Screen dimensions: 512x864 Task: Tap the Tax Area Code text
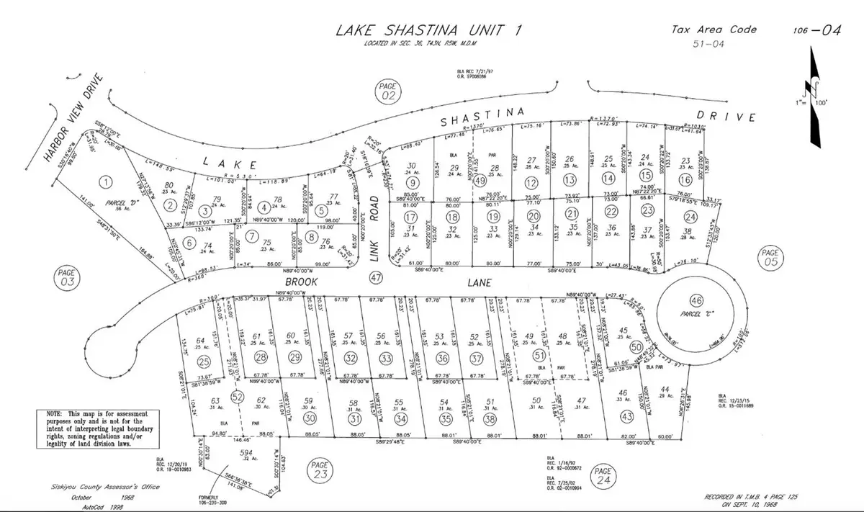tap(714, 30)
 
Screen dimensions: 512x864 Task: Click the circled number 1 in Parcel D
tap(107, 181)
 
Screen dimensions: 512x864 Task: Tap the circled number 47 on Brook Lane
tap(374, 277)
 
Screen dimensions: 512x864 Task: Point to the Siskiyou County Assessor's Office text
tap(99, 488)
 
